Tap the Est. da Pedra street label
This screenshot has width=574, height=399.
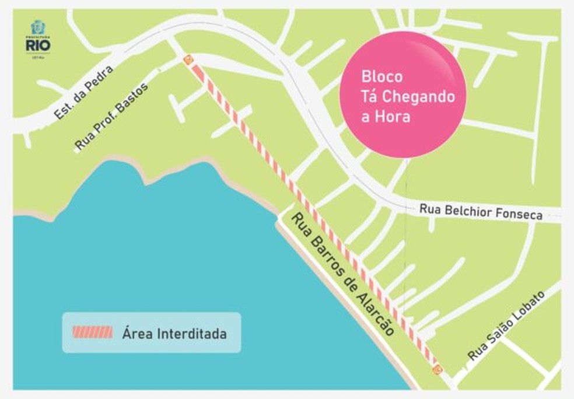click(83, 93)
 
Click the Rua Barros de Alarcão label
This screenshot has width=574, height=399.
click(342, 273)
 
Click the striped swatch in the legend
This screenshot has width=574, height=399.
click(92, 332)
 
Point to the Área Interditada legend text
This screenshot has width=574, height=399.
click(174, 334)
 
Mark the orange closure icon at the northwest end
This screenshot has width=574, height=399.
click(188, 60)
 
